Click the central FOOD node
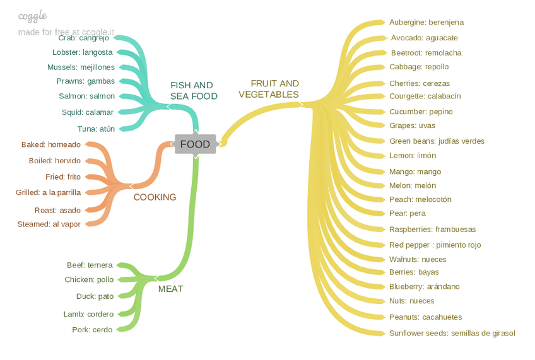point(195,144)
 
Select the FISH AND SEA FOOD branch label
point(193,91)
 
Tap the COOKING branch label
point(155,197)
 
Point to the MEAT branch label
point(170,289)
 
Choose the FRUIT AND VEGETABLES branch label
point(269,89)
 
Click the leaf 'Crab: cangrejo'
point(83,38)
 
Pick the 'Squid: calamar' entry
point(88,112)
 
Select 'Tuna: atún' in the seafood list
point(97,129)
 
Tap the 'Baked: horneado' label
point(51,144)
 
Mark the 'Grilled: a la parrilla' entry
point(48,192)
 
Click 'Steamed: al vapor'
point(49,224)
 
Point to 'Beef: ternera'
point(90,265)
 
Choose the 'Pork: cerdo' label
point(92,330)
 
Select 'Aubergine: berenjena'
point(426,22)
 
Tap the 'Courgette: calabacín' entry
point(425,96)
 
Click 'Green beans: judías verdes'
point(437,141)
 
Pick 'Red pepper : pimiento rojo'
point(435,245)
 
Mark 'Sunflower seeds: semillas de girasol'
point(452,333)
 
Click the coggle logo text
point(33,16)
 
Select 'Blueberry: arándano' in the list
point(424,286)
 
